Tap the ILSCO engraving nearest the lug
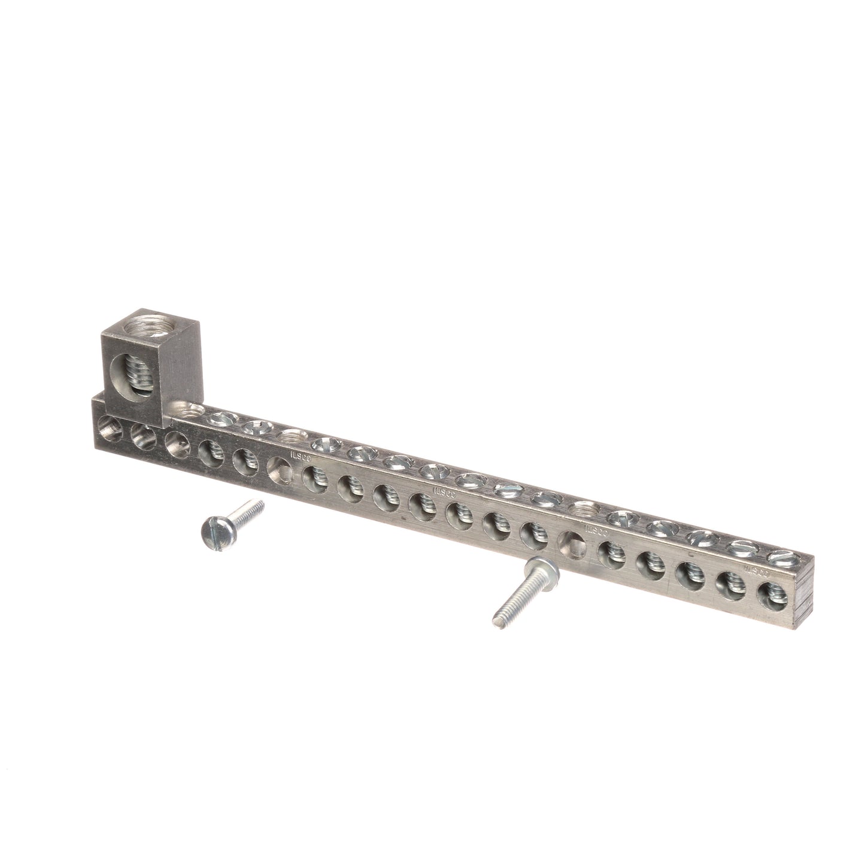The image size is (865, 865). click(298, 453)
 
